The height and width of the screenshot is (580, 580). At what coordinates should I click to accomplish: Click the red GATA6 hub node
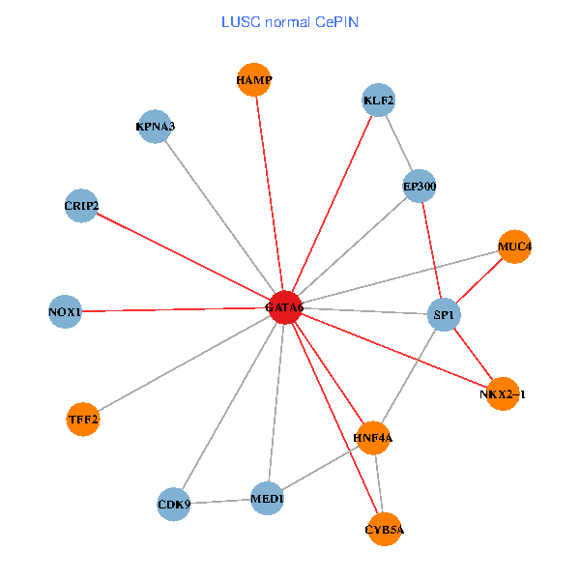point(285,307)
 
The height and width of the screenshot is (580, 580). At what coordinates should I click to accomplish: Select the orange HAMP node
point(254,80)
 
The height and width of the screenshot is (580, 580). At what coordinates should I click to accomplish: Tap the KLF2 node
point(379,101)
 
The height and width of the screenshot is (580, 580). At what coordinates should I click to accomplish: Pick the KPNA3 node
point(155,127)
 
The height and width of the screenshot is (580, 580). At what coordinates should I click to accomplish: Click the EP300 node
point(420,186)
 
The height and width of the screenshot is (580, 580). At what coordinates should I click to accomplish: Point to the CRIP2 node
point(81,205)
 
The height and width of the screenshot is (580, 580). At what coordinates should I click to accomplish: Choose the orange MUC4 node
point(514,247)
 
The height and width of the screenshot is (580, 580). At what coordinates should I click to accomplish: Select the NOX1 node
point(65,311)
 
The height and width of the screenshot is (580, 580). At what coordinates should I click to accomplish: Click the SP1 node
point(444,315)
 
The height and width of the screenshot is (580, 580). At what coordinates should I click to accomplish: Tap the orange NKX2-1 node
point(503,394)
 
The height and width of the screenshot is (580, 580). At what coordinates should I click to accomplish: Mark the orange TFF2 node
point(83,420)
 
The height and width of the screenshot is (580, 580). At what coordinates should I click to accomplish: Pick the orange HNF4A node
point(373,438)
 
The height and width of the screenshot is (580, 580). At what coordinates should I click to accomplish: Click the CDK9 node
point(174,505)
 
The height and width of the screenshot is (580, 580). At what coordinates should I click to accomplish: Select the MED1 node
point(267,499)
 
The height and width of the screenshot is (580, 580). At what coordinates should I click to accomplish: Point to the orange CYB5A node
point(385,530)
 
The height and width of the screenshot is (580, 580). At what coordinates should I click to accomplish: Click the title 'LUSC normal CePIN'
point(290,21)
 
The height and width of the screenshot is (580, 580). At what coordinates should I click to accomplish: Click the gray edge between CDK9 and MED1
point(220,502)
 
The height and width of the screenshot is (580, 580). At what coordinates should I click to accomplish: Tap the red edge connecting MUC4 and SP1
point(479,281)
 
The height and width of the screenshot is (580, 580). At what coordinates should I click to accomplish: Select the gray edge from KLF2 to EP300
point(399,143)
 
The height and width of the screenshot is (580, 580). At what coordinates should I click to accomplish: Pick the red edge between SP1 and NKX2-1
point(474,355)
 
